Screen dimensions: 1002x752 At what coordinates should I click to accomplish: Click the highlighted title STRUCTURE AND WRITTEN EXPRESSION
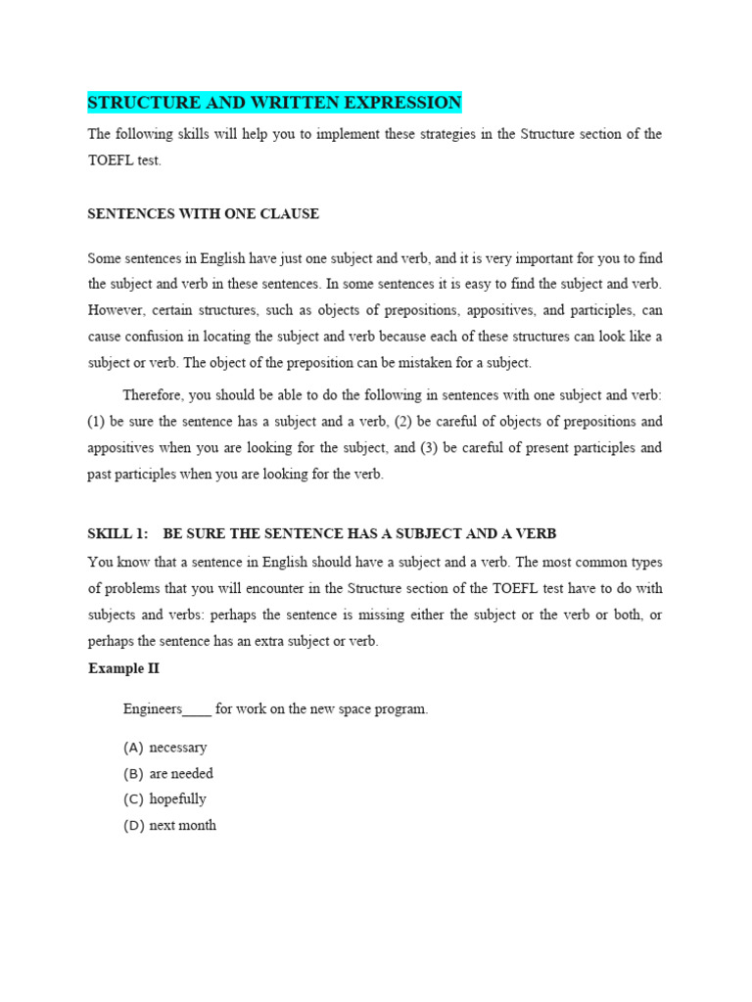(274, 103)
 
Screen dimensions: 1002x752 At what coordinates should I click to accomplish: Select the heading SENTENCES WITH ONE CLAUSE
(203, 213)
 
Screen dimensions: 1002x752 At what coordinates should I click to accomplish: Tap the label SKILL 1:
(117, 533)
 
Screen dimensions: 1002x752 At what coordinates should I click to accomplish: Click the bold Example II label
(123, 668)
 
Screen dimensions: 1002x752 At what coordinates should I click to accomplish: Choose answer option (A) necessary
(165, 748)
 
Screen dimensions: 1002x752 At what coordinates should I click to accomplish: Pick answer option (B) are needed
(168, 773)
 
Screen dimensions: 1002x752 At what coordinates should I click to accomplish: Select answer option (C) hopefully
(164, 799)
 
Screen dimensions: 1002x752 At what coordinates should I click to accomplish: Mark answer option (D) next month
(169, 825)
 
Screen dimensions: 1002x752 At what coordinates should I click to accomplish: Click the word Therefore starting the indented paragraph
(152, 395)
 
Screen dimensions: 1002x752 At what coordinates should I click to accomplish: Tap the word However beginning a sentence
(116, 310)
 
